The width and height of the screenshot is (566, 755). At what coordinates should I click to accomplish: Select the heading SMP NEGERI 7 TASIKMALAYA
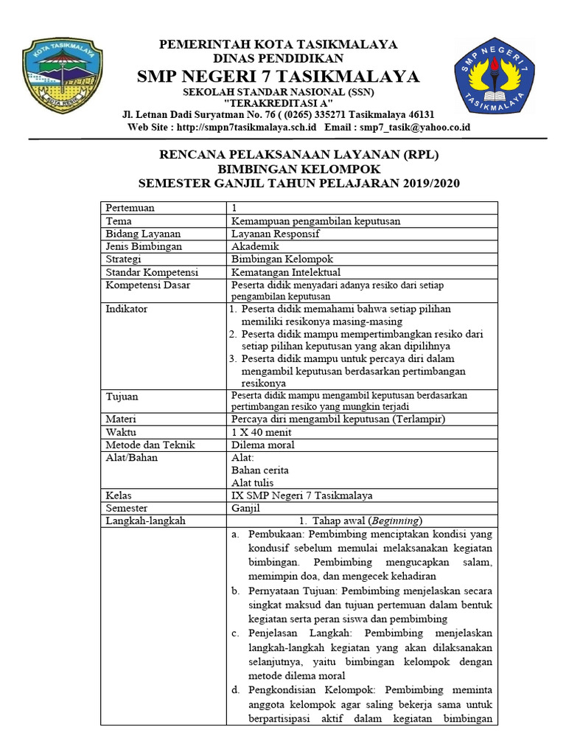279,77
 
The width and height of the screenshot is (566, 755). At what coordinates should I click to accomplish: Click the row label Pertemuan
130,208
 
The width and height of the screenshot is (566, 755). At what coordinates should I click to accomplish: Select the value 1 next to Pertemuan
235,208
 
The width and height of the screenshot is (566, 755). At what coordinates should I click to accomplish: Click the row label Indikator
127,308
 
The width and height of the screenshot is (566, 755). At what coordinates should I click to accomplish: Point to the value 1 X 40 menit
262,431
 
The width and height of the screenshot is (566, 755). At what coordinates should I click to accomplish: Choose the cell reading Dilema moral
263,445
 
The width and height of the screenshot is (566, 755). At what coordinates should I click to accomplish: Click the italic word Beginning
396,521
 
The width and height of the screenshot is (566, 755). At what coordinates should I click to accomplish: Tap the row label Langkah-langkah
145,521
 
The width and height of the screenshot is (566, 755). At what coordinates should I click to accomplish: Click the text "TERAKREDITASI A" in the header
279,102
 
